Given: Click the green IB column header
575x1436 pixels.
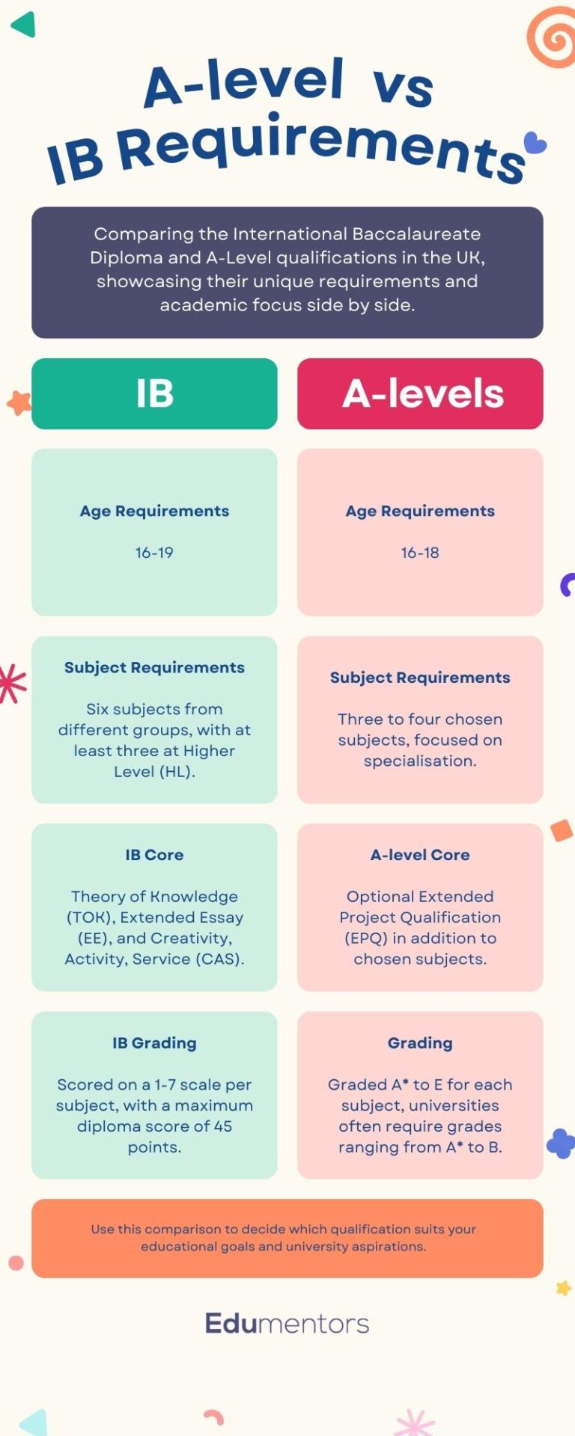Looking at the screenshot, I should click(x=154, y=393).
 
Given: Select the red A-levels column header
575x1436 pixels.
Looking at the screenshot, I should click(x=420, y=393).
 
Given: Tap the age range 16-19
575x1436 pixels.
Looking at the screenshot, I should click(x=154, y=553).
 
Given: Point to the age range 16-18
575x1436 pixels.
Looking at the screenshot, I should click(x=420, y=553).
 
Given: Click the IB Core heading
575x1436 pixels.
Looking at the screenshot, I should click(x=154, y=855).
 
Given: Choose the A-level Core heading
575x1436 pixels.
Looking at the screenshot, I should click(x=420, y=855).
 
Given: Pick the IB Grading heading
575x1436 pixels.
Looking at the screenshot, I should click(x=154, y=1043).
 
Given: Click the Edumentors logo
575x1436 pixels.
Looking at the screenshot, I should click(x=287, y=1323).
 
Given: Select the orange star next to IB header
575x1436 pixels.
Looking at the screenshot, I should click(x=19, y=403).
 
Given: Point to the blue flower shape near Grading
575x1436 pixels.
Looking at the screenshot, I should click(x=560, y=1143).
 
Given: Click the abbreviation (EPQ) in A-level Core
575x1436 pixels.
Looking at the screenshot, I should click(x=365, y=939).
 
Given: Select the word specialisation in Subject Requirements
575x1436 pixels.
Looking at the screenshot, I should click(x=419, y=761).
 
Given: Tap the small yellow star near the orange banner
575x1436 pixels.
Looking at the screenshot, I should click(x=563, y=1288).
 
